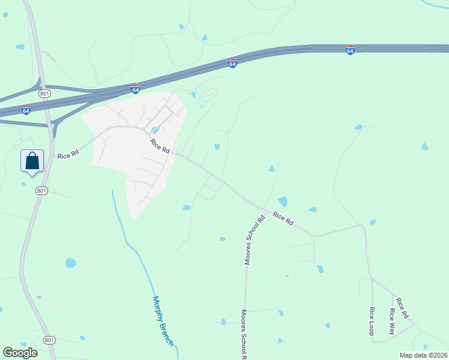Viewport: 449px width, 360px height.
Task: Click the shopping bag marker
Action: click(x=32, y=161)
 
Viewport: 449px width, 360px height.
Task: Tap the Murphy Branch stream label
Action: click(x=163, y=321)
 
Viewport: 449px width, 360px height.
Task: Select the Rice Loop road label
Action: click(x=372, y=321)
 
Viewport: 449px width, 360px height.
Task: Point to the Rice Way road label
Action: click(x=392, y=321)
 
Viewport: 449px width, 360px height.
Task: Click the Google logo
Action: click(x=20, y=352)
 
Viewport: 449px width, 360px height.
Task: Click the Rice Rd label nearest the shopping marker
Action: click(x=68, y=155)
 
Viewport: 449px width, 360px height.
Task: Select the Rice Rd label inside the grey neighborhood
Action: click(x=160, y=146)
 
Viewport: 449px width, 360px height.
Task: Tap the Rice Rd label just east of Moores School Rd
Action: click(x=283, y=219)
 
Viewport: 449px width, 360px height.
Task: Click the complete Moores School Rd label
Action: click(x=255, y=240)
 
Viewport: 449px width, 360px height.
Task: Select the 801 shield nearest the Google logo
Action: click(x=49, y=340)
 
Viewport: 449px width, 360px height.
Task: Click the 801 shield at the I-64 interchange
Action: click(x=44, y=94)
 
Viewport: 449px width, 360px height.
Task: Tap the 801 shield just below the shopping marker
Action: click(x=41, y=191)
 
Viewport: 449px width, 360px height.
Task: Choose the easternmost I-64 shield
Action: click(x=350, y=50)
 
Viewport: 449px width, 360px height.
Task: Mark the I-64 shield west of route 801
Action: click(x=26, y=110)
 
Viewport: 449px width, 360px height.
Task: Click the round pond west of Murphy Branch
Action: click(x=71, y=263)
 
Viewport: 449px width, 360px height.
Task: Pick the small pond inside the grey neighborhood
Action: click(x=155, y=130)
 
